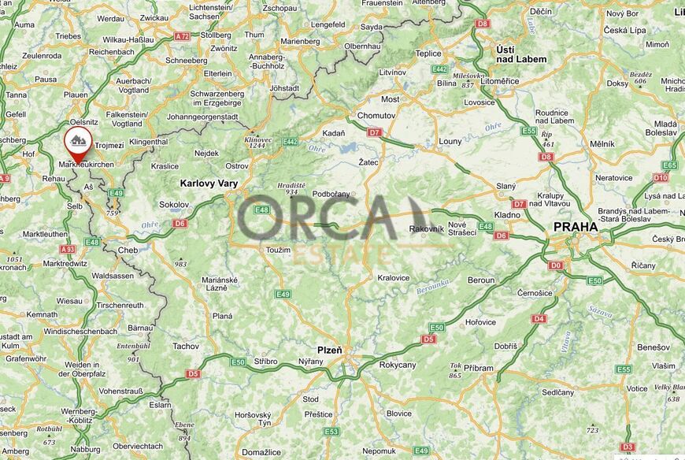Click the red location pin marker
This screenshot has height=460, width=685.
(77, 143)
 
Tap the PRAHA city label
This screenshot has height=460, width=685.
(576, 227)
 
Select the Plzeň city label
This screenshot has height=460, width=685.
(330, 349)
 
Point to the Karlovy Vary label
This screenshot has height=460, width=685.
(209, 183)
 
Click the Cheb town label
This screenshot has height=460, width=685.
(128, 250)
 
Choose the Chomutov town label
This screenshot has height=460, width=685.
(376, 116)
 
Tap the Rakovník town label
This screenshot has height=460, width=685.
(427, 229)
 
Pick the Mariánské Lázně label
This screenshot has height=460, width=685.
(220, 284)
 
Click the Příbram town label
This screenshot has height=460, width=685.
(479, 367)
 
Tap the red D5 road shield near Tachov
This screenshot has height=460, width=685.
(193, 373)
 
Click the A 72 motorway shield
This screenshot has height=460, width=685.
(183, 36)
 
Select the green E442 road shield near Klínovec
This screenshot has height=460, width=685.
(291, 142)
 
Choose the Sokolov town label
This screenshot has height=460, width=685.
(174, 204)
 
